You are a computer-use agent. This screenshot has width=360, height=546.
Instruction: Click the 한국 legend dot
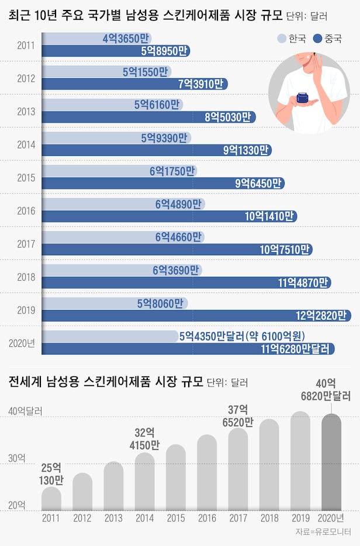[281, 39]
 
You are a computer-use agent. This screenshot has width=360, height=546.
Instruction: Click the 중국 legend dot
[319, 39]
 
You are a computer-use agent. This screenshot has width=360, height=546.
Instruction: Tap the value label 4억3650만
[123, 39]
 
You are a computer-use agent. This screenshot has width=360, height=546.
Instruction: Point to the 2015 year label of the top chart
[26, 178]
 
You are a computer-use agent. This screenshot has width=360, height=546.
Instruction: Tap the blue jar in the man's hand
[304, 98]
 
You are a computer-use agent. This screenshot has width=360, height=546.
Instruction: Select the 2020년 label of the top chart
[23, 343]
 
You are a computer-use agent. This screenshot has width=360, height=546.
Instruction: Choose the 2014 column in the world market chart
[144, 482]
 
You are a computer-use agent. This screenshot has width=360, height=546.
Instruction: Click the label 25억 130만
[51, 474]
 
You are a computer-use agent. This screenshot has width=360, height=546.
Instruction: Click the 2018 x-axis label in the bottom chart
[269, 517]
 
